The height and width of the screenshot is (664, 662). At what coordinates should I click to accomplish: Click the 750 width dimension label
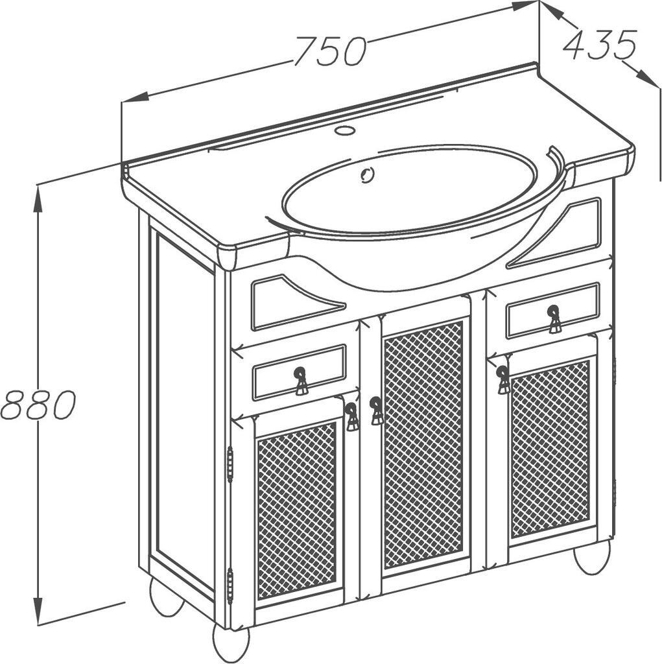[330, 51]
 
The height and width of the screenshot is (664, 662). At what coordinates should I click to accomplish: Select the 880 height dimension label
[38, 405]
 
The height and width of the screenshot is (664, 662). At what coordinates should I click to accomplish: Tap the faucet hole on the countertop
[344, 131]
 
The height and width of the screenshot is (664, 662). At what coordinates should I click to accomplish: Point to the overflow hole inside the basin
[367, 174]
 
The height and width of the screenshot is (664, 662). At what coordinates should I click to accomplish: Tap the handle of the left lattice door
[351, 417]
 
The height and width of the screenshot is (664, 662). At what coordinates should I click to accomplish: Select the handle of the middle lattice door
[376, 410]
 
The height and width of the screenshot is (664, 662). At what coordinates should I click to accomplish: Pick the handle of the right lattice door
[503, 380]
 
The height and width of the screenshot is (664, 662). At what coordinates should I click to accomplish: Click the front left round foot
[231, 643]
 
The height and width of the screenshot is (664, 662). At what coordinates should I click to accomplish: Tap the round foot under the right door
[592, 557]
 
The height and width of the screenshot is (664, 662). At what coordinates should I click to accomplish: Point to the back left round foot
[167, 597]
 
